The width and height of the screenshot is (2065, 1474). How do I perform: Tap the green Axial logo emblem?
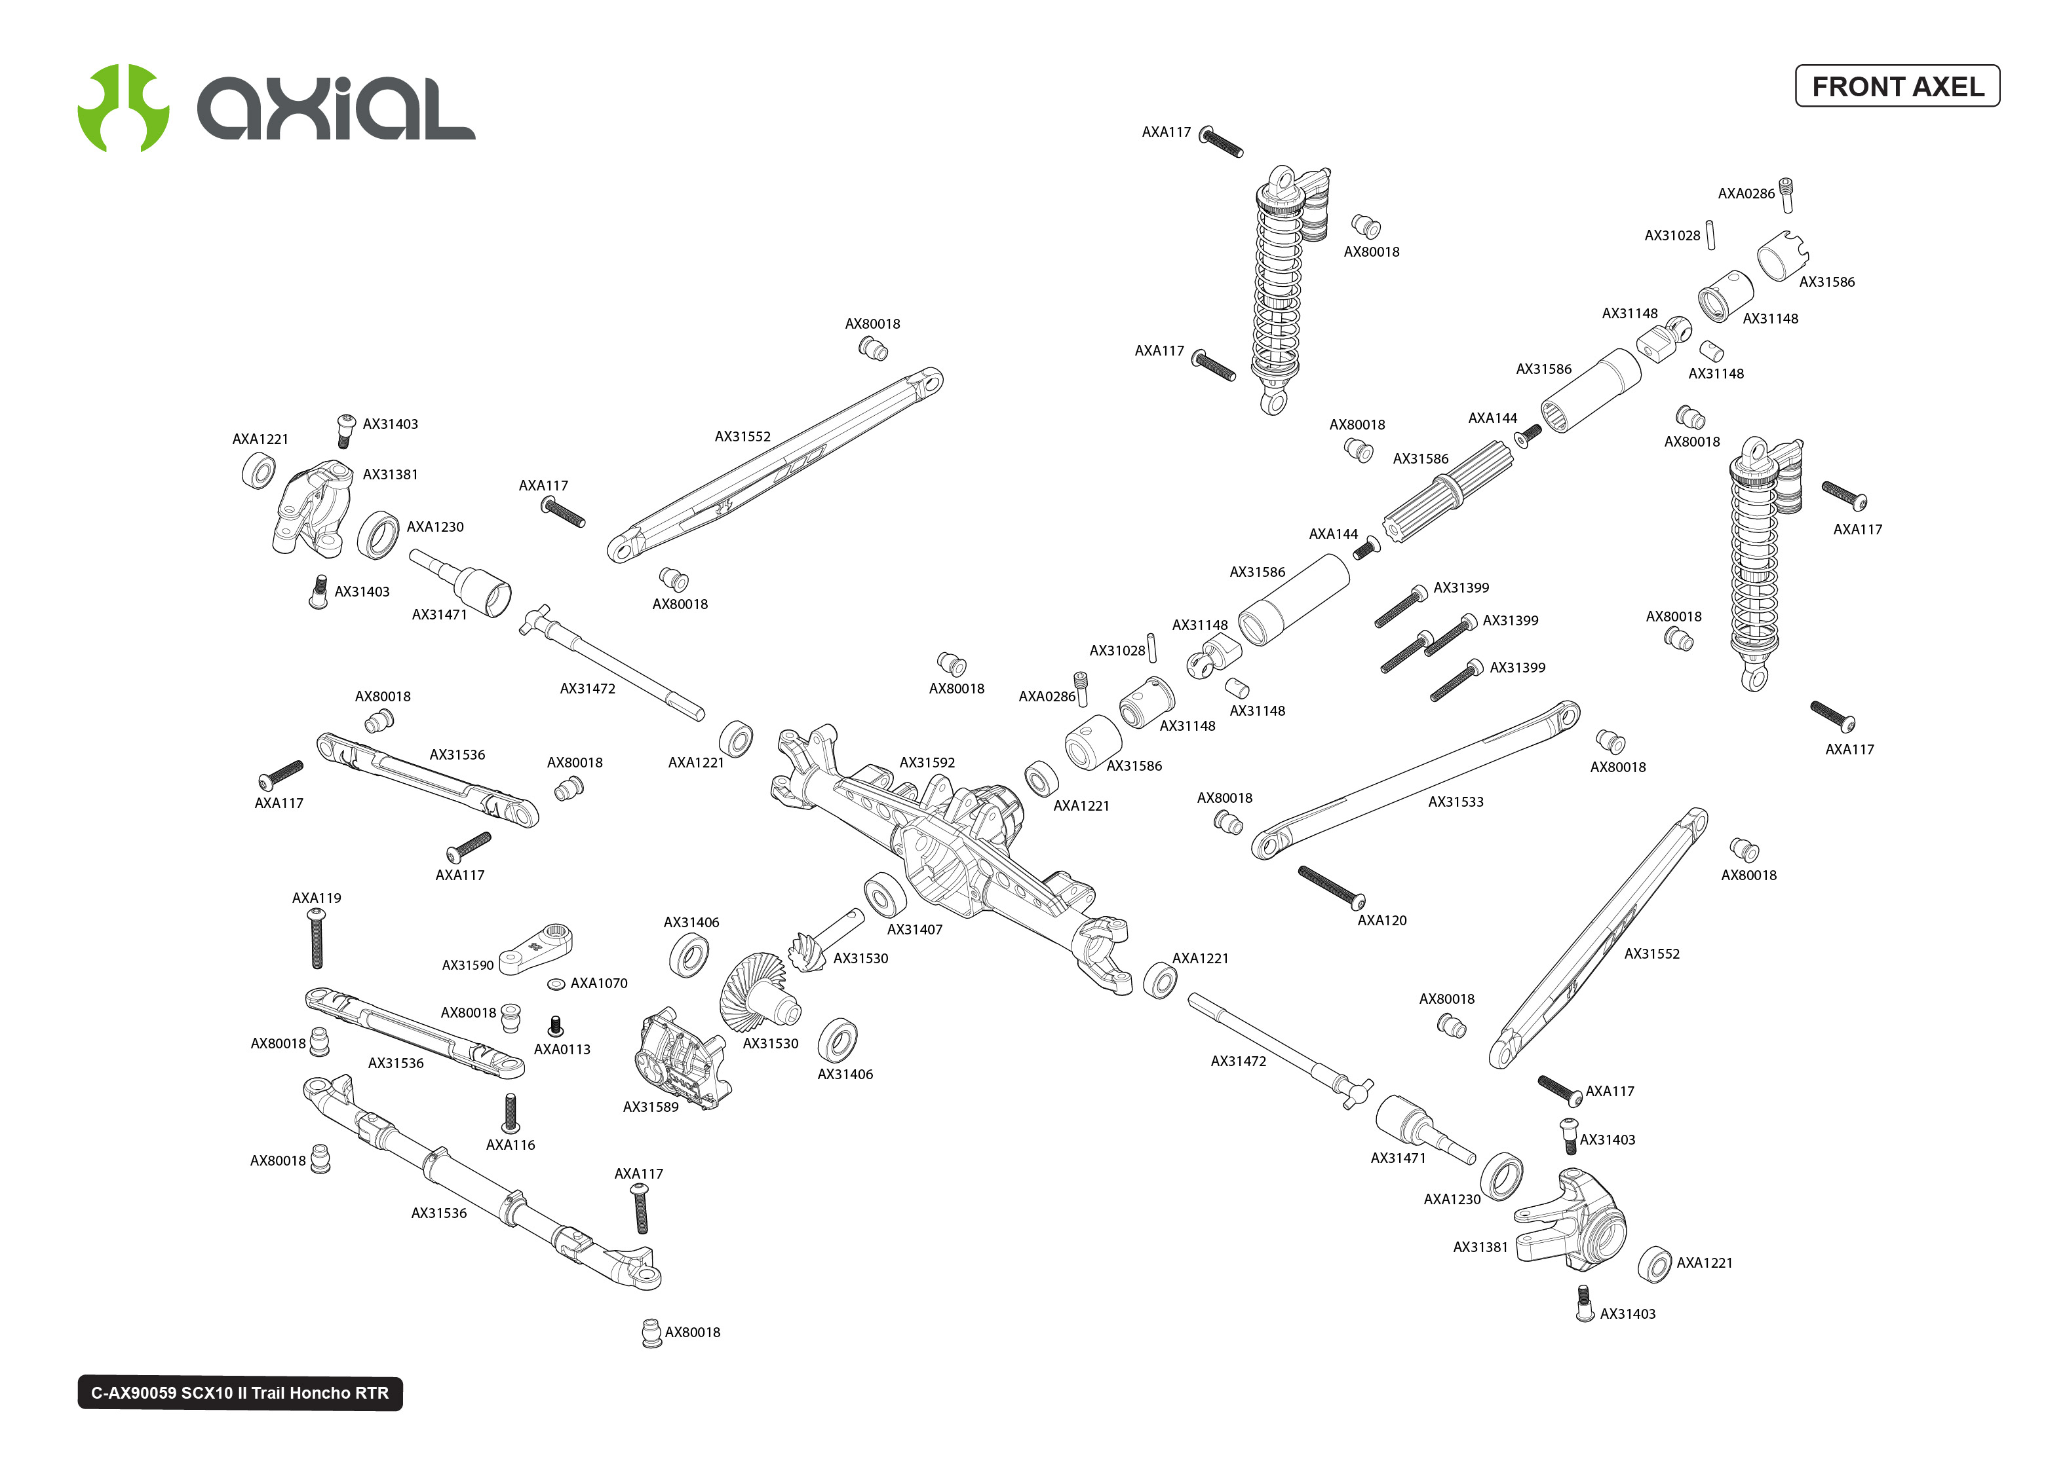point(123,108)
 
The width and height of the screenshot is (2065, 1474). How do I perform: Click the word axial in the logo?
point(336,108)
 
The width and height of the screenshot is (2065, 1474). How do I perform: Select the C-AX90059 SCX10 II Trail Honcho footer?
point(240,1392)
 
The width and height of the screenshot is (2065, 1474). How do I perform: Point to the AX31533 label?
point(1455,801)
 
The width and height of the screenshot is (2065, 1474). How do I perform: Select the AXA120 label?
point(1381,920)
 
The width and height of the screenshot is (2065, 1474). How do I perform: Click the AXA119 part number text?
point(316,898)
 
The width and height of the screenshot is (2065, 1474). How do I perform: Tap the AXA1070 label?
point(598,983)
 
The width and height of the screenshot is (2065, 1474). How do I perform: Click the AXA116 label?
point(511,1145)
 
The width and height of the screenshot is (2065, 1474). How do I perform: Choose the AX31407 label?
point(914,929)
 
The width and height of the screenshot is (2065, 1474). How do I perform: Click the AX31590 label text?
point(468,965)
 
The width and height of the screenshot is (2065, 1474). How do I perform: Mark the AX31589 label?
point(650,1107)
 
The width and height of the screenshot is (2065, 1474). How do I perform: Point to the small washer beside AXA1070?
point(556,984)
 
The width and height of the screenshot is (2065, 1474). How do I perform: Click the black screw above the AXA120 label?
point(1331,887)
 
